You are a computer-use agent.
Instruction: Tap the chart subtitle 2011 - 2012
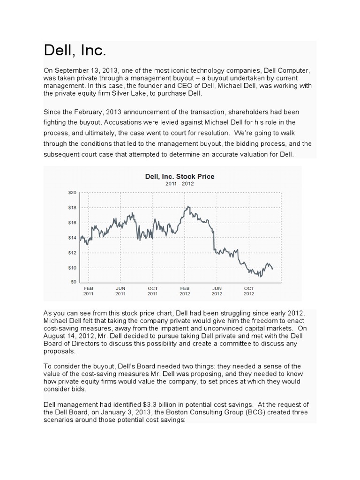tap(180, 184)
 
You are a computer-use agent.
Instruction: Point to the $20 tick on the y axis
tap(73, 192)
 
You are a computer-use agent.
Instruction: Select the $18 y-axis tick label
tap(73, 207)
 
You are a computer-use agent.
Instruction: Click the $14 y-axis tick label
tap(73, 238)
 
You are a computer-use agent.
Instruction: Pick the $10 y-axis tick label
tap(73, 268)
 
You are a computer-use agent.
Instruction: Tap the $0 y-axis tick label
tap(74, 281)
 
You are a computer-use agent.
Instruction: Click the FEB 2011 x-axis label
tap(89, 291)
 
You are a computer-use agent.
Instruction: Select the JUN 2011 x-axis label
tap(120, 291)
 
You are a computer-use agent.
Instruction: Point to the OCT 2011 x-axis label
tap(152, 291)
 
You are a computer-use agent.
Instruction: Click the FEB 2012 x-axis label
tap(185, 291)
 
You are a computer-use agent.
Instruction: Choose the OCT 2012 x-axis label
tap(249, 291)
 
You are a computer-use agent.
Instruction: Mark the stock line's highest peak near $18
tap(188, 206)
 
